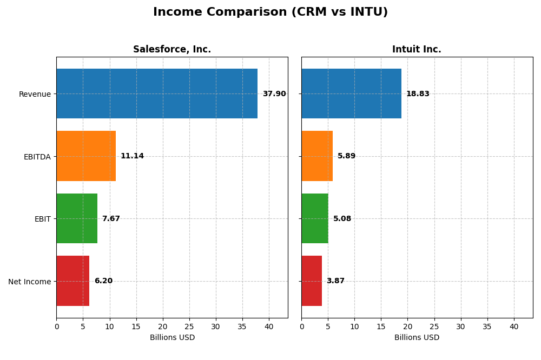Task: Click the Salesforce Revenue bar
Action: pyautogui.click(x=157, y=94)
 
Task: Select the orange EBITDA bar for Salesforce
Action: pyautogui.click(x=86, y=156)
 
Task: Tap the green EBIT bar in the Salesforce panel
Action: pyautogui.click(x=77, y=218)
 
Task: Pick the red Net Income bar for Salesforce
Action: pyautogui.click(x=73, y=281)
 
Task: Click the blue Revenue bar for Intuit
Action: pyautogui.click(x=351, y=94)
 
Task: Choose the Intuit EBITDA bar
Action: pyautogui.click(x=317, y=156)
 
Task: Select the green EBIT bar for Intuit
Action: pyautogui.click(x=315, y=218)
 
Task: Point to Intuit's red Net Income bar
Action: pyautogui.click(x=312, y=281)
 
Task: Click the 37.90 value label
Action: pyautogui.click(x=274, y=94)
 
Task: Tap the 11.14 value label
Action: pyautogui.click(x=132, y=156)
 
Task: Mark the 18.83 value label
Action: pyautogui.click(x=418, y=94)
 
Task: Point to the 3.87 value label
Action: pyautogui.click(x=335, y=281)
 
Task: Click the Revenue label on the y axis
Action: pyautogui.click(x=35, y=94)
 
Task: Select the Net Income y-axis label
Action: pyautogui.click(x=29, y=281)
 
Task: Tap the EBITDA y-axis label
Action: pyautogui.click(x=37, y=157)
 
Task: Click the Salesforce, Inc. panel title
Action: pyautogui.click(x=172, y=50)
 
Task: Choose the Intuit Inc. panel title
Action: pyautogui.click(x=417, y=50)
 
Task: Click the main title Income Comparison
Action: pyautogui.click(x=270, y=12)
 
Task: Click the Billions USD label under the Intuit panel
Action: pyautogui.click(x=417, y=338)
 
